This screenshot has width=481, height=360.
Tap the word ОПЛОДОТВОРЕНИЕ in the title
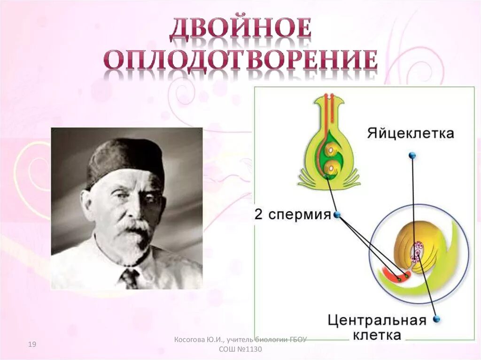(x=240, y=61)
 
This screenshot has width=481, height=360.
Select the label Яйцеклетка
(x=411, y=134)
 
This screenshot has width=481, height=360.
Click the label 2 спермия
(x=293, y=215)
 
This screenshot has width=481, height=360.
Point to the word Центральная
(x=377, y=321)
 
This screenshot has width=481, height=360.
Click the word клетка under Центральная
(x=378, y=335)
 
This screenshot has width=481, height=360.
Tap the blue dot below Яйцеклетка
(x=412, y=155)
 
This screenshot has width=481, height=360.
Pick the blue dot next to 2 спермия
(x=336, y=215)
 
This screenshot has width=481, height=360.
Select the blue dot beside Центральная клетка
(x=436, y=319)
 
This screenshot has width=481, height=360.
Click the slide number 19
(x=32, y=345)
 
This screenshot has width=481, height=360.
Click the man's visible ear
(x=88, y=207)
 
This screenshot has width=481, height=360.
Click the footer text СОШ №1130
(x=240, y=350)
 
